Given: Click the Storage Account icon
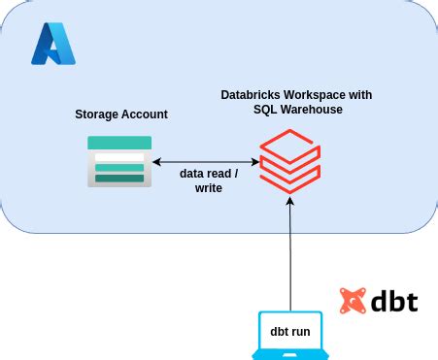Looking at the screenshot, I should click(x=119, y=161).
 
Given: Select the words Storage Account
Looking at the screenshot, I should click(x=121, y=115).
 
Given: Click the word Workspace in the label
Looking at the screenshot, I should click(x=320, y=95).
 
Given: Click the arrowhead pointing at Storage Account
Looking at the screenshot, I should click(x=158, y=162).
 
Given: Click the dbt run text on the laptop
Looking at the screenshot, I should click(x=290, y=332).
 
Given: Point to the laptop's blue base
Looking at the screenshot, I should click(x=290, y=354).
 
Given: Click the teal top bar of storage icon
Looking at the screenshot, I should click(x=119, y=143).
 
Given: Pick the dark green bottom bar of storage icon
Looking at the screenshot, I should click(x=119, y=178).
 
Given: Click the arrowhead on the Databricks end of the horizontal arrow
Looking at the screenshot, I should click(x=254, y=162).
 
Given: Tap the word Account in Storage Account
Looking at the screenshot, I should click(x=144, y=115).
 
